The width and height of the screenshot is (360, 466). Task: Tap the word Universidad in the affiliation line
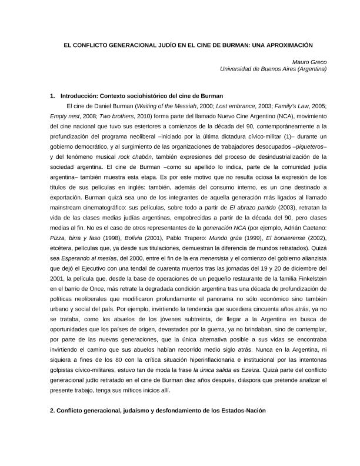(x=236, y=69)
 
